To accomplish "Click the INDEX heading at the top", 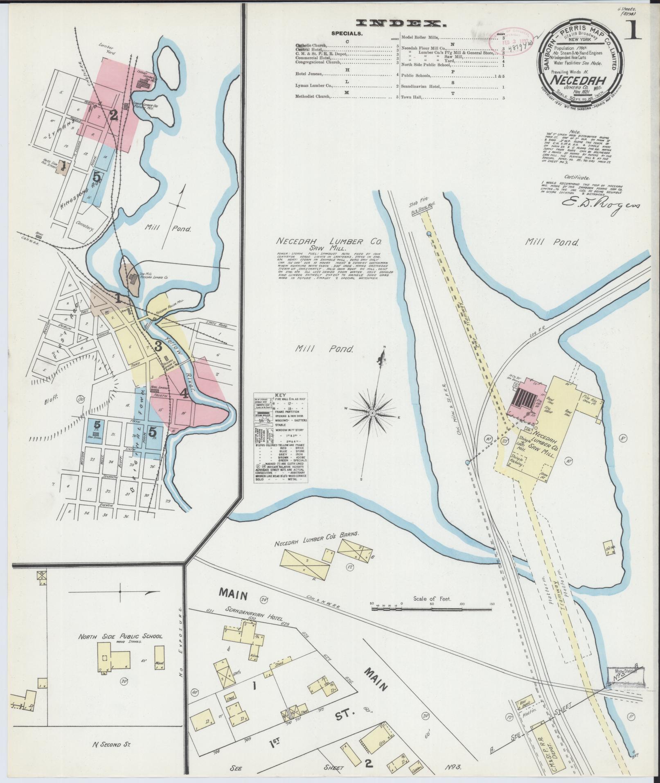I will point(402,24).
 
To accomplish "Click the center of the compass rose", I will point(372,413).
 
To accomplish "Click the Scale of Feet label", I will point(432,598).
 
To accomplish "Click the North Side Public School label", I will point(120,648).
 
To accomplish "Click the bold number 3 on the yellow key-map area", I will point(158,346).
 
